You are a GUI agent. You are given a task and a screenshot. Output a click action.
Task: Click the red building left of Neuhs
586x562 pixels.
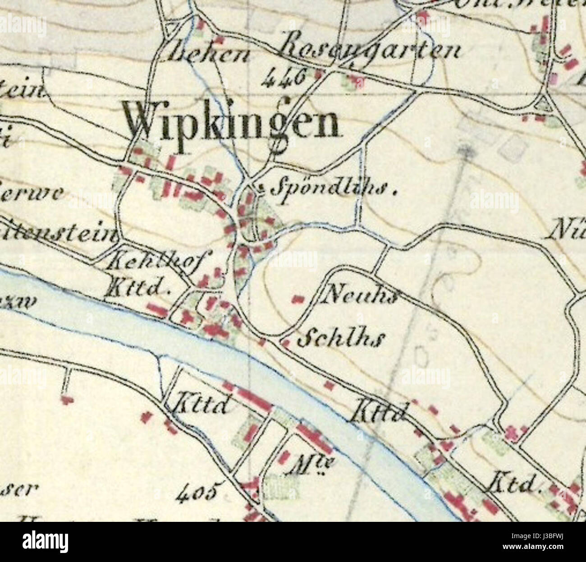[298, 299]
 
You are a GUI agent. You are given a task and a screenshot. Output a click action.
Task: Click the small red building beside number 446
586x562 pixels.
[319, 74]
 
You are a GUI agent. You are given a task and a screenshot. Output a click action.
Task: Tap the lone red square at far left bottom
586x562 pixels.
[68, 399]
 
